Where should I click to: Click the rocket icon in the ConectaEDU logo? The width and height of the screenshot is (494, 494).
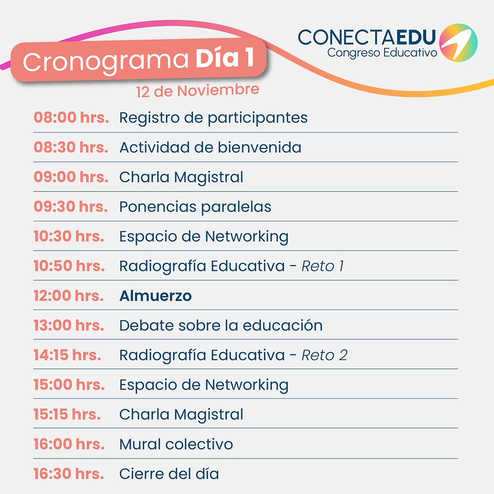pyautogui.click(x=459, y=43)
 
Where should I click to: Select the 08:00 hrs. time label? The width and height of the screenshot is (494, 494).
pyautogui.click(x=71, y=118)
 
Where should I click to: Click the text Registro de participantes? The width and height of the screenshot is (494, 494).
pyautogui.click(x=213, y=118)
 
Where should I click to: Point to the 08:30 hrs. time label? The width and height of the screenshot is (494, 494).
pyautogui.click(x=71, y=147)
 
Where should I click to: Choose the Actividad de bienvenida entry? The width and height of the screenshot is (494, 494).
pyautogui.click(x=210, y=147)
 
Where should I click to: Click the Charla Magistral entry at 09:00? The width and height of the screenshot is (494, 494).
pyautogui.click(x=181, y=177)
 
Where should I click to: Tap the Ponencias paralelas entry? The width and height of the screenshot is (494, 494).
pyautogui.click(x=195, y=207)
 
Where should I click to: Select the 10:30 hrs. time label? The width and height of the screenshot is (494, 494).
pyautogui.click(x=69, y=236)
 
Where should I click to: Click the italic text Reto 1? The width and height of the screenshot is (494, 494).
pyautogui.click(x=323, y=266)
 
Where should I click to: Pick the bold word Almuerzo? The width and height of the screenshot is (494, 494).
pyautogui.click(x=155, y=296)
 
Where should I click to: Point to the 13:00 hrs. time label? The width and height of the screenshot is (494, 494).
pyautogui.click(x=69, y=325)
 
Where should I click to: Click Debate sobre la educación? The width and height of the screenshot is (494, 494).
pyautogui.click(x=220, y=325)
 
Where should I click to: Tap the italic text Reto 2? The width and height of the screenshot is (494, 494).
pyautogui.click(x=324, y=355)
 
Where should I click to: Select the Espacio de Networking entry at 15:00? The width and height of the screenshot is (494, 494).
pyautogui.click(x=204, y=385)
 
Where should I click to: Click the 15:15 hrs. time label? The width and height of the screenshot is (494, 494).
pyautogui.click(x=67, y=414)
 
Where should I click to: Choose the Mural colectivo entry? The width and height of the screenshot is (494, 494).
pyautogui.click(x=176, y=444)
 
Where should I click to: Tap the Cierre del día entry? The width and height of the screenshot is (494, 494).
pyautogui.click(x=169, y=474)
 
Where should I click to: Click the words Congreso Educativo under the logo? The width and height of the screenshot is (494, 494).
pyautogui.click(x=382, y=53)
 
